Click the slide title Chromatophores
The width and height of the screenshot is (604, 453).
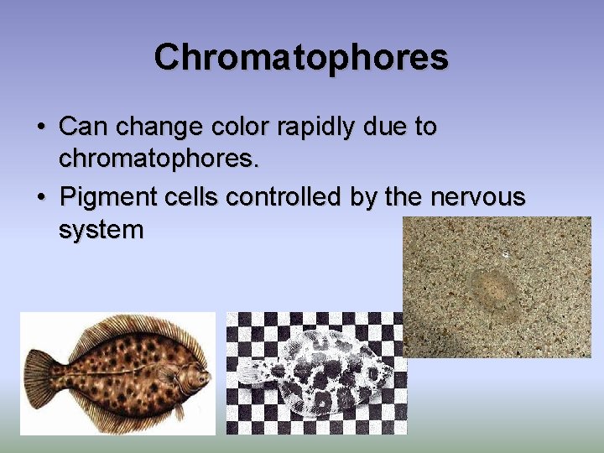301,58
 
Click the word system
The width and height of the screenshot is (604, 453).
101,230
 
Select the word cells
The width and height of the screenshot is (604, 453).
194,197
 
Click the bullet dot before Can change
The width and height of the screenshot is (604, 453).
40,128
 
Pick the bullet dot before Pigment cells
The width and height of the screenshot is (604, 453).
40,198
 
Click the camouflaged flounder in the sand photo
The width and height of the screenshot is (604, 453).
493,288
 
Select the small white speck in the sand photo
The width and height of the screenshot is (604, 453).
504,252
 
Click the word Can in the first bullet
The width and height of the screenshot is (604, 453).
83,127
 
